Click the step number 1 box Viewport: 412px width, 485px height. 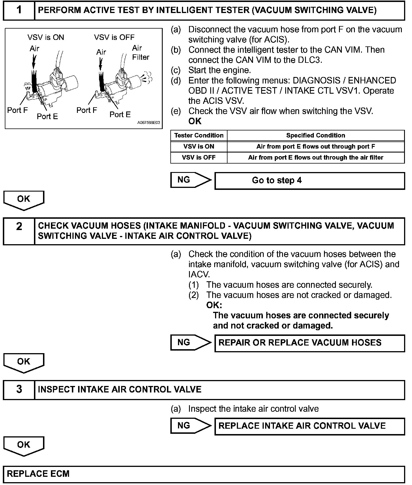click(19, 10)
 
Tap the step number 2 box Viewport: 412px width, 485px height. click(19, 231)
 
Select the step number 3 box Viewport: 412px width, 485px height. click(19, 389)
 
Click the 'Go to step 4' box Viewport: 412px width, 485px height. click(310, 181)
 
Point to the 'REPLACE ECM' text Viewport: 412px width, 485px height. click(38, 474)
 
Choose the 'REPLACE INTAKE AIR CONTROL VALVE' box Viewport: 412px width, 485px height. click(310, 426)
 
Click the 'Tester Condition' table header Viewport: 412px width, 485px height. click(199, 136)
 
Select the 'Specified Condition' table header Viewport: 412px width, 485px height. click(316, 136)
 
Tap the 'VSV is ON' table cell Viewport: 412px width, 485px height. click(199, 147)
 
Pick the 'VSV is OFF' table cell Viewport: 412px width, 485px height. click(199, 158)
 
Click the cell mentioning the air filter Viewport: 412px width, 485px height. click(316, 158)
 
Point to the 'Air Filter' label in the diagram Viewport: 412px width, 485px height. click(140, 53)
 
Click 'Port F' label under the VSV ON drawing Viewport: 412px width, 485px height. click(18, 110)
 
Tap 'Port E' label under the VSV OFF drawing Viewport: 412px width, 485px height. click(120, 115)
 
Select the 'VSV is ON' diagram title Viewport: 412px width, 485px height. click(46, 37)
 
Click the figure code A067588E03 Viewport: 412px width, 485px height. click(149, 123)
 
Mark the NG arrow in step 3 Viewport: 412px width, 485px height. click(191, 426)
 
